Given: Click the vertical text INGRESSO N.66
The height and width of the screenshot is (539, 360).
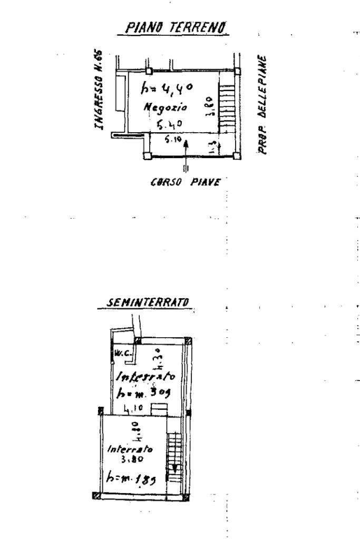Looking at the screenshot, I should coord(98,90).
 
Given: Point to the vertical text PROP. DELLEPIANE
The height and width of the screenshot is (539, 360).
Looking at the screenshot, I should coord(263,105).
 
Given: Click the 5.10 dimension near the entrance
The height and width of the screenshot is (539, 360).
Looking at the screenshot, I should coord(170,141).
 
